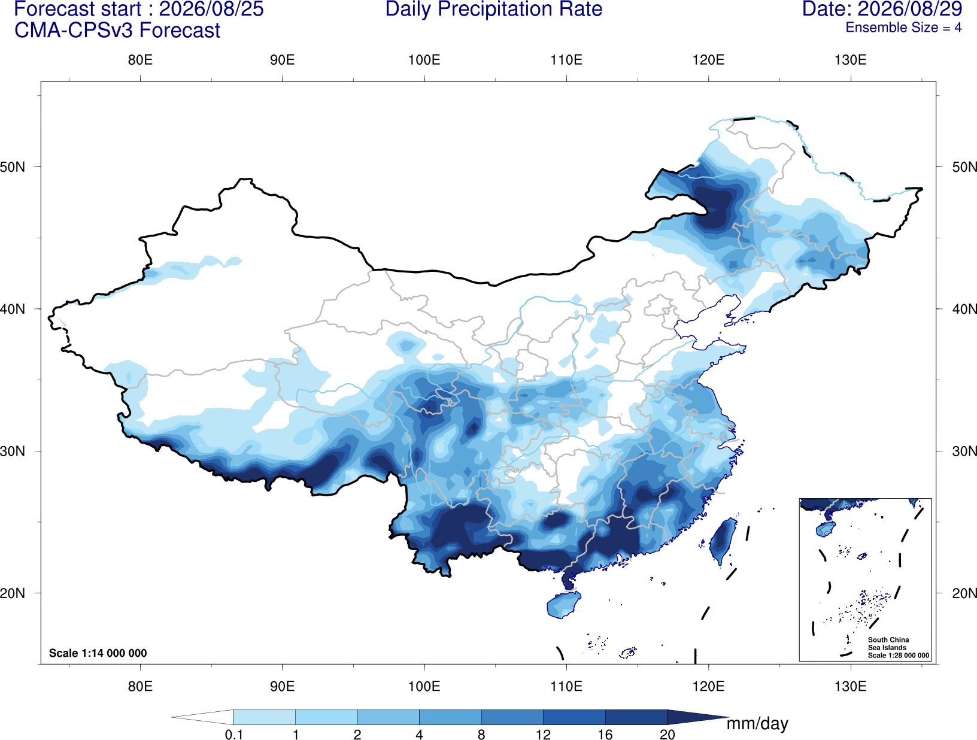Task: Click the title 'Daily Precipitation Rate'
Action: click(x=494, y=9)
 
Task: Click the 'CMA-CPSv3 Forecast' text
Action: click(x=117, y=31)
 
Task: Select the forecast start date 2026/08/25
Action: click(x=211, y=9)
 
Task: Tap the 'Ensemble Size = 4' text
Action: click(x=903, y=28)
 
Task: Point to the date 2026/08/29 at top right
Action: click(x=910, y=9)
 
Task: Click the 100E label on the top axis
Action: click(x=424, y=60)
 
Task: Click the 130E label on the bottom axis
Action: click(x=851, y=686)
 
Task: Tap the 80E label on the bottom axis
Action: click(x=140, y=686)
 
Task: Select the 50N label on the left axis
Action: click(x=13, y=167)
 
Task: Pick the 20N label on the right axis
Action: click(x=964, y=593)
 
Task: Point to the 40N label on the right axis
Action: click(x=964, y=309)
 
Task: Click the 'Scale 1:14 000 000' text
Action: click(x=98, y=653)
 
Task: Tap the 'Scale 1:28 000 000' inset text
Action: click(x=899, y=655)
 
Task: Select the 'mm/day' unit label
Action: click(x=757, y=723)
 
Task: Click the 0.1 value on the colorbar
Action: click(x=233, y=735)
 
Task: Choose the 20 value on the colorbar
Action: click(x=667, y=735)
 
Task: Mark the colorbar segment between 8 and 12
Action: click(x=512, y=717)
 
